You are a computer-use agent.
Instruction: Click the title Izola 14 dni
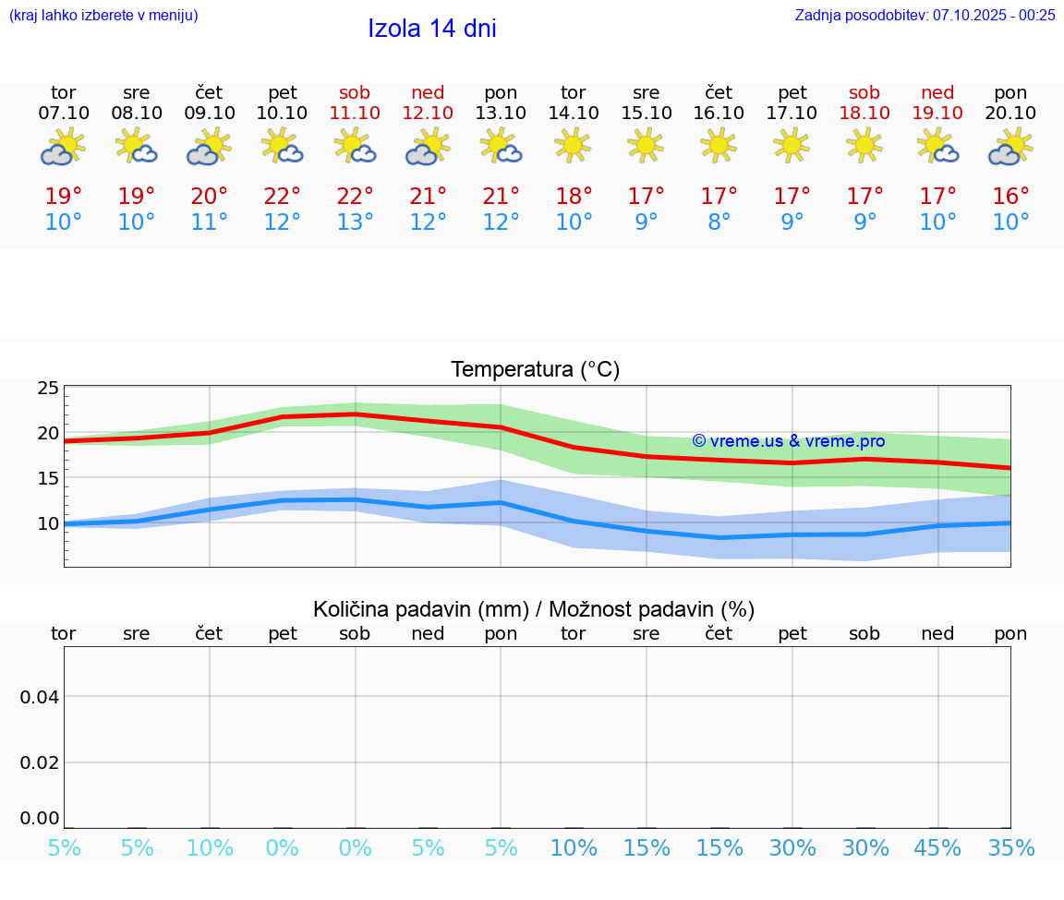coord(431,29)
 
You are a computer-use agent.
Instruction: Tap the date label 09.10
coord(210,113)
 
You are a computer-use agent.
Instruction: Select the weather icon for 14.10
coord(573,145)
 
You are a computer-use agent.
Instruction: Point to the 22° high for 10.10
coord(282,197)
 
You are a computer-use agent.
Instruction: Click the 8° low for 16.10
coord(719,222)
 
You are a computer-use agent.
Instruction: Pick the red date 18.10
coord(864,113)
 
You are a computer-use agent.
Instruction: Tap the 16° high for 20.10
coord(1010,197)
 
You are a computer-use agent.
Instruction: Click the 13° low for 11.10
coord(355,222)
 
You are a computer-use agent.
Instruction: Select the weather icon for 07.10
coord(63,147)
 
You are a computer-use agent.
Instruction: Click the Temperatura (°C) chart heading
coord(535,369)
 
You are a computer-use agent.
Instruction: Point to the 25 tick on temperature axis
coord(48,389)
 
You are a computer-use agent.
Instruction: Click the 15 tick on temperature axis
coord(48,478)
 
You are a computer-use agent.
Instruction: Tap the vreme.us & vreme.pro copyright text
coord(788,441)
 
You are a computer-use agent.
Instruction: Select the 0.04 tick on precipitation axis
coord(40,696)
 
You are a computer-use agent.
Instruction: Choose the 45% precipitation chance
coord(937,848)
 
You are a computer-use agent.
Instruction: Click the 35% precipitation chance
coord(1010,848)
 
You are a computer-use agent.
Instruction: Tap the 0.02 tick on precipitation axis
coord(40,762)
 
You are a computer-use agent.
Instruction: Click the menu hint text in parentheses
coord(103,15)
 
